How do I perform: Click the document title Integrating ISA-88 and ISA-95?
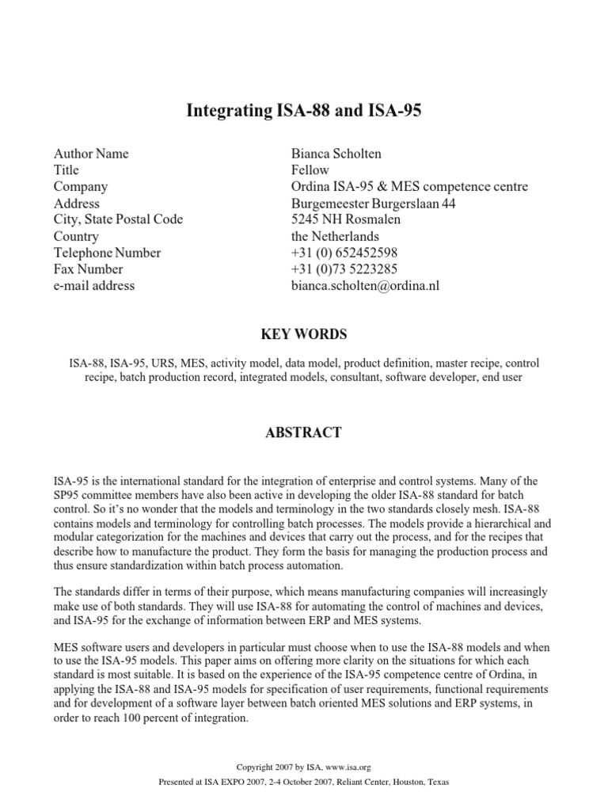point(304,111)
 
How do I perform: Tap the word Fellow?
point(310,170)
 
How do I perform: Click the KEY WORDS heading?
point(304,334)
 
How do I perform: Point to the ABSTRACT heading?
point(304,432)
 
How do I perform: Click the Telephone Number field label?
point(107,253)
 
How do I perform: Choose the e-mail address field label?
point(94,286)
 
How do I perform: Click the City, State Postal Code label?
point(118,219)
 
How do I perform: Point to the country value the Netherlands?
point(335,236)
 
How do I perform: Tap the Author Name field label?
point(91,154)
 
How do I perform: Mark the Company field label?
point(81,187)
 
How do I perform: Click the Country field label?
point(76,236)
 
